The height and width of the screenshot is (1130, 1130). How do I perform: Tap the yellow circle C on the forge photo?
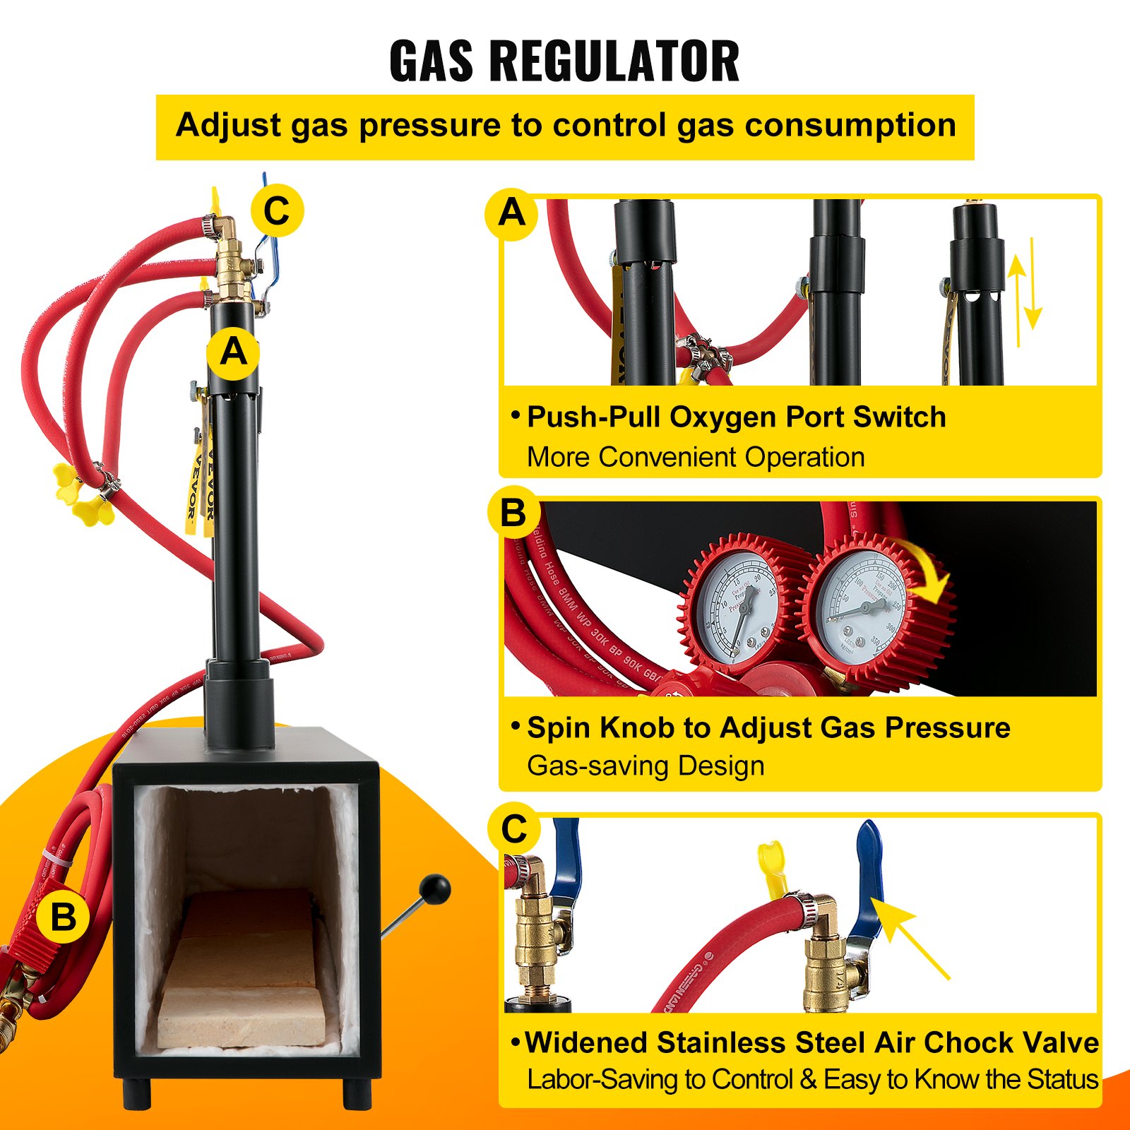[x=277, y=210]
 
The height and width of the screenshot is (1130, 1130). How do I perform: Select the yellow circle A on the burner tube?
[x=233, y=351]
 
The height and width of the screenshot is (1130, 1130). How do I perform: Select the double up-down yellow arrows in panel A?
[x=1025, y=292]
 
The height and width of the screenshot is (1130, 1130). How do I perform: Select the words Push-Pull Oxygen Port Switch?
[x=736, y=417]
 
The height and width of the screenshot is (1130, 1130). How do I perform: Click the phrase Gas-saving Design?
[x=646, y=766]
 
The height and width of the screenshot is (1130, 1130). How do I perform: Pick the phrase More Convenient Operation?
[x=696, y=457]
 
